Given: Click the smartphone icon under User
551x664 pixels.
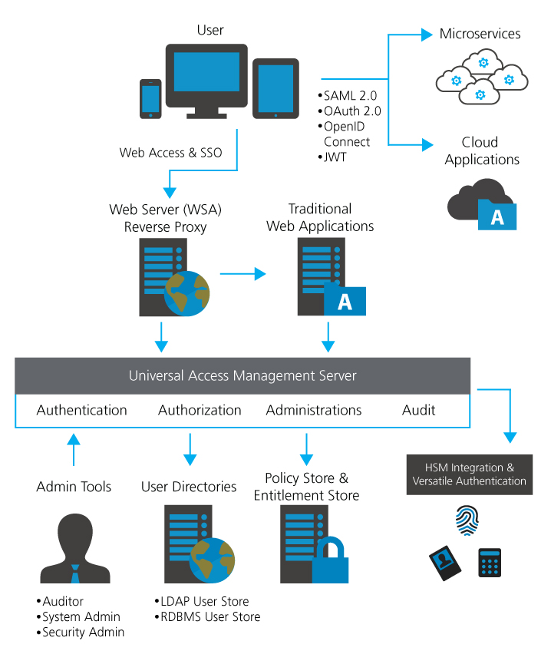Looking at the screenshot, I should point(150,99).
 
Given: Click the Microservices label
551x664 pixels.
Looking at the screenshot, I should point(480,34).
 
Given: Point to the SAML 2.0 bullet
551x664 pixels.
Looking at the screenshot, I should point(348,96).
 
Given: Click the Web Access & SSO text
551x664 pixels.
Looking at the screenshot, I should point(170,152).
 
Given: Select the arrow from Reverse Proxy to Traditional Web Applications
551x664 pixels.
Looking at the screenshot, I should point(243,273).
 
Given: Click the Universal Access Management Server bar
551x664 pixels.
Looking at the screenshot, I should point(243,375).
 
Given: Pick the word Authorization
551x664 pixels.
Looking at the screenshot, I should point(200,410).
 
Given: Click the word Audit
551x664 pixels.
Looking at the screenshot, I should point(418,410).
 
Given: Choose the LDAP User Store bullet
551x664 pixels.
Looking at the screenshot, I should point(205,601).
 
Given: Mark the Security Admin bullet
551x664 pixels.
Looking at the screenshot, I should point(82,632).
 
